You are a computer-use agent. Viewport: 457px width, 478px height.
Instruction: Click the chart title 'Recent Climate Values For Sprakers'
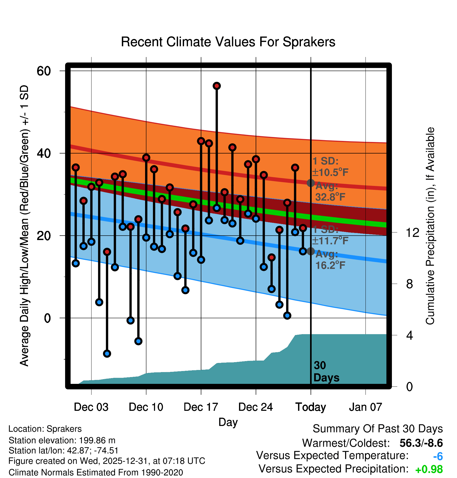228,42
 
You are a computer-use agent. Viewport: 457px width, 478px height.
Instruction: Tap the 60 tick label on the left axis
44,71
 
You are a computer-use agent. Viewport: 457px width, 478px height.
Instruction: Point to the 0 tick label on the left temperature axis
47,318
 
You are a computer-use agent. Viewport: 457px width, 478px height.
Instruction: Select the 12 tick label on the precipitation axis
413,232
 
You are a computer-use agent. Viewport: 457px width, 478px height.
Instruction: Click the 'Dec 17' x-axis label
201,407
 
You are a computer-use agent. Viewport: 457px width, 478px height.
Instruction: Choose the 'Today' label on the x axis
311,407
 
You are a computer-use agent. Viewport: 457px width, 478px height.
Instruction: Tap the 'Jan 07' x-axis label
365,407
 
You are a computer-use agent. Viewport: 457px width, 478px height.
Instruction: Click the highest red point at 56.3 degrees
217,86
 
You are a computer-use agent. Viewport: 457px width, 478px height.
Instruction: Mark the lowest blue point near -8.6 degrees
107,354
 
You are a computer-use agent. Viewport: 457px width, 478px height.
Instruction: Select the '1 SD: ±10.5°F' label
330,167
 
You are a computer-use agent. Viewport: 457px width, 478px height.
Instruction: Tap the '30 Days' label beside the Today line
326,372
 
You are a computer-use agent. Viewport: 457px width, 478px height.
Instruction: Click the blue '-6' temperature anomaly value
438,457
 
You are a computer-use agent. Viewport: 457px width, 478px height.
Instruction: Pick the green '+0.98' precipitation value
429,469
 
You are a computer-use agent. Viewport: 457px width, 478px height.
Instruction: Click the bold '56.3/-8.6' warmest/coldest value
421,443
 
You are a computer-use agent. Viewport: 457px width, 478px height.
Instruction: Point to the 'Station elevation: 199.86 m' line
62,440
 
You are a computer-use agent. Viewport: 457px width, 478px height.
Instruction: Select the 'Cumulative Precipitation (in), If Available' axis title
430,226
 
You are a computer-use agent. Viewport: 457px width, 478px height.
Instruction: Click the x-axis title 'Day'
228,422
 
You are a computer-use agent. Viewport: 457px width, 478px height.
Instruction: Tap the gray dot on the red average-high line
311,183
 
